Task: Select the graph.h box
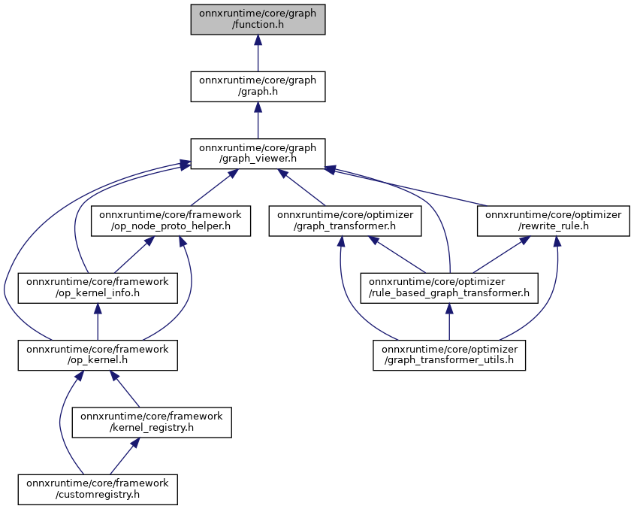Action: [x=258, y=86]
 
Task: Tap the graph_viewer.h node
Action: [x=258, y=153]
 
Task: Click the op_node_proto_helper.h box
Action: [x=171, y=221]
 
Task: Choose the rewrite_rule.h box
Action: [x=554, y=221]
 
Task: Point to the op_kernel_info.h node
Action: [x=98, y=288]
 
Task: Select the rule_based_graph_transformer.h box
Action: [x=449, y=288]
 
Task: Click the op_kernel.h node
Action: [x=98, y=355]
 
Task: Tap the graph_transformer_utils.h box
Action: [x=449, y=355]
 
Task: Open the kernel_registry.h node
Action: [x=152, y=422]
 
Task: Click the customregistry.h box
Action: [x=98, y=489]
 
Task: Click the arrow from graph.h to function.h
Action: [x=258, y=53]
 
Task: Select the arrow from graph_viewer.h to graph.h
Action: [x=258, y=120]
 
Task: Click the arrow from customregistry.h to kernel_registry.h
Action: [x=125, y=456]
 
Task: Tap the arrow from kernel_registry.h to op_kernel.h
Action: [x=125, y=389]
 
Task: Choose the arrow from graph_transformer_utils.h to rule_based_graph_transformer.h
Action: [x=449, y=322]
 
